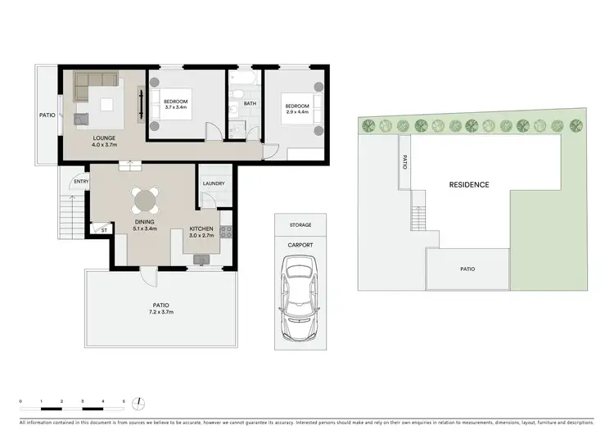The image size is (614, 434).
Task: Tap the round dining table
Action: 145,199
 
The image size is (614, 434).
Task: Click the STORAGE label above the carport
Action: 300,224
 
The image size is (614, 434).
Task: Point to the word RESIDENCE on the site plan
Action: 469,185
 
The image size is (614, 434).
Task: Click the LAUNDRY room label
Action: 214,183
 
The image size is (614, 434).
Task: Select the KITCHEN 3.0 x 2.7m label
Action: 201,232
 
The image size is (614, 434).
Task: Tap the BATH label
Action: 250,103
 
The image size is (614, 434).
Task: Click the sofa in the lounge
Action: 96,81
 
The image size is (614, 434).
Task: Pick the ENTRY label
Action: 80,182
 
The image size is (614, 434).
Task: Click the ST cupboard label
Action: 104,231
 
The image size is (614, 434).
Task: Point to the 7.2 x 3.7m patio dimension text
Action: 160,312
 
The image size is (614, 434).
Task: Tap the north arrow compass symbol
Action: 141,402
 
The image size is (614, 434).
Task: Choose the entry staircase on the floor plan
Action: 70,219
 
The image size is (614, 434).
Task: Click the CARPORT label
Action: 300,244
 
